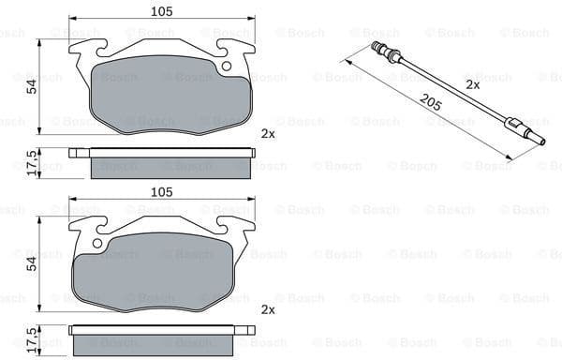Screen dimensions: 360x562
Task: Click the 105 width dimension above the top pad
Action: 162,12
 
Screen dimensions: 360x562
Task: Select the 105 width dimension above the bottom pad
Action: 162,192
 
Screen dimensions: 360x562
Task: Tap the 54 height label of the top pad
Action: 30,86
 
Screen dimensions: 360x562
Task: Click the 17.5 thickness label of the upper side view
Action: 31,161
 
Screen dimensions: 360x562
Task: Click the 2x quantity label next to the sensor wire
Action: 473,84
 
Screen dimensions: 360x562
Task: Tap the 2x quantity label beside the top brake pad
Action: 268,134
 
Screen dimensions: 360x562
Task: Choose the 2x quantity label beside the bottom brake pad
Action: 268,310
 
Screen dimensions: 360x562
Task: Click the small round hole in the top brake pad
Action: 226,66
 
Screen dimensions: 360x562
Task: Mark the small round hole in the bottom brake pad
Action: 97,246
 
